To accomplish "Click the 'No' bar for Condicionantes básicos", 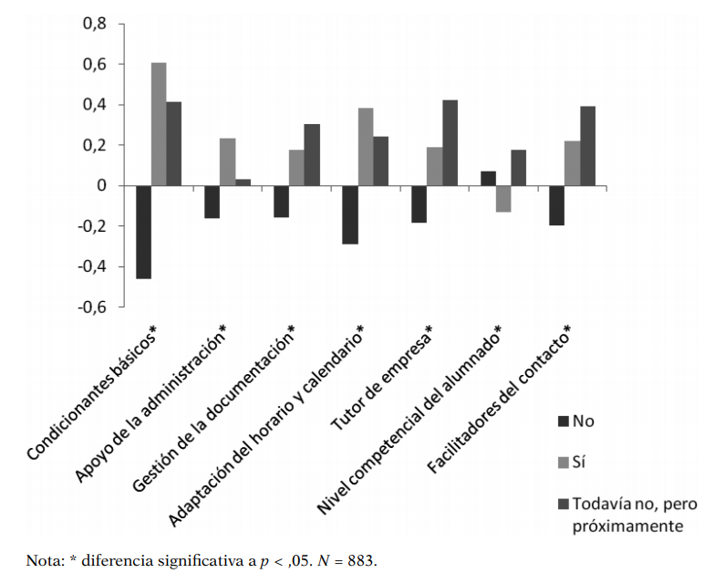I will tap(143, 232).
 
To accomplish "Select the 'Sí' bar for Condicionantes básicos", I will tap(159, 124).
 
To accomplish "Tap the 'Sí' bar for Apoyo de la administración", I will tap(227, 162).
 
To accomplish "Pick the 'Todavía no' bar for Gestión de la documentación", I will tap(311, 155).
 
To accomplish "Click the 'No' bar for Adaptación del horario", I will tap(349, 214).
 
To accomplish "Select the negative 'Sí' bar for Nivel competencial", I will tap(502, 199).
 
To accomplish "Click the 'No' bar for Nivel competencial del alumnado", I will tap(488, 179).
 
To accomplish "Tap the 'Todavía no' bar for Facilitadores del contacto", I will tap(587, 146).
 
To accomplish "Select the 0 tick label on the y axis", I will tap(101, 186).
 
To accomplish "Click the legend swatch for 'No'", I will tap(563, 422).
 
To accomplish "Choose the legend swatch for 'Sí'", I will tap(563, 463).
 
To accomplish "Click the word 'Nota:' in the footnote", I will tap(44, 559).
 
